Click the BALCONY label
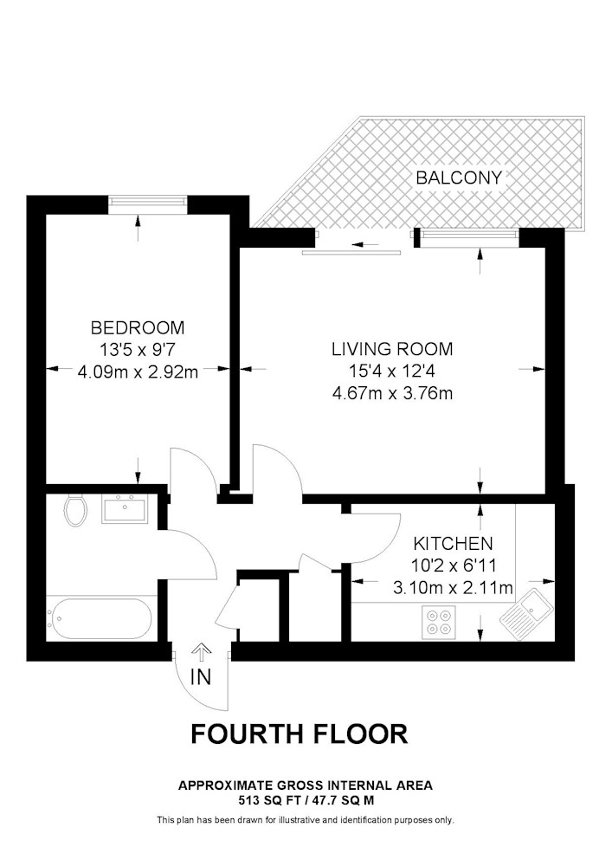pos(459,178)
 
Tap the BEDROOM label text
pos(138,327)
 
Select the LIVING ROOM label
pos(392,349)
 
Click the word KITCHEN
pos(453,544)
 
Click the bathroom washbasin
pos(124,508)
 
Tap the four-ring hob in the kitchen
pos(440,621)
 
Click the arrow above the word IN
pos(201,654)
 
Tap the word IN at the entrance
pos(200,676)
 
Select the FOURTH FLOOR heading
pos(300,734)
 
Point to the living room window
pos(468,236)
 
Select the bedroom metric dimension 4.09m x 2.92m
pos(138,372)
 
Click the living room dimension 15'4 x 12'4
pos(392,372)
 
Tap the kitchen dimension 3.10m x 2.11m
pos(453,588)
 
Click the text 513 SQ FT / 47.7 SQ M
pos(306,799)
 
